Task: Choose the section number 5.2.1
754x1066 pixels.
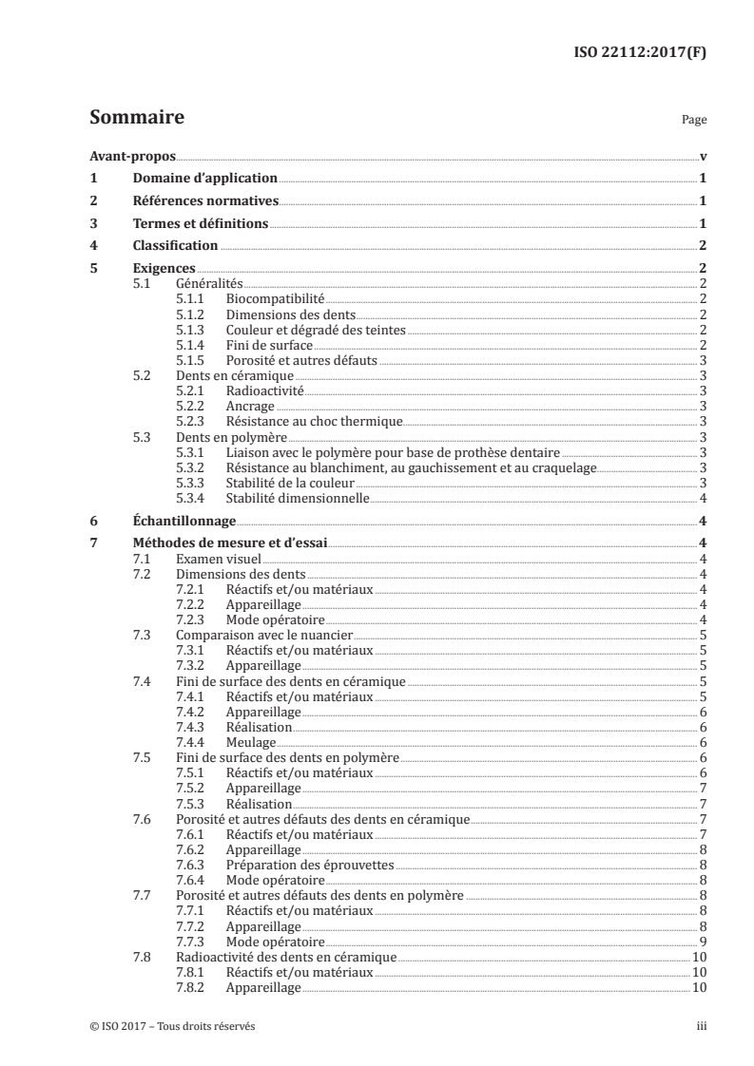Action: [191, 390]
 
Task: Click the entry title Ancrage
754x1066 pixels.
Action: [250, 405]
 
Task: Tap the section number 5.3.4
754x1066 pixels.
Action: [191, 497]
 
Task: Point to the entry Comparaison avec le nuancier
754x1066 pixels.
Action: [264, 635]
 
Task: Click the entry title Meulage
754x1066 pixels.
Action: [252, 742]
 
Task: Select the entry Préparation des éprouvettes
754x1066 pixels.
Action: [310, 865]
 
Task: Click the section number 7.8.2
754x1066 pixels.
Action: [191, 988]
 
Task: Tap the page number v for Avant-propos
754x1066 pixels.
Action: [702, 157]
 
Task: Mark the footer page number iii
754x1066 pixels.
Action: [700, 1027]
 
